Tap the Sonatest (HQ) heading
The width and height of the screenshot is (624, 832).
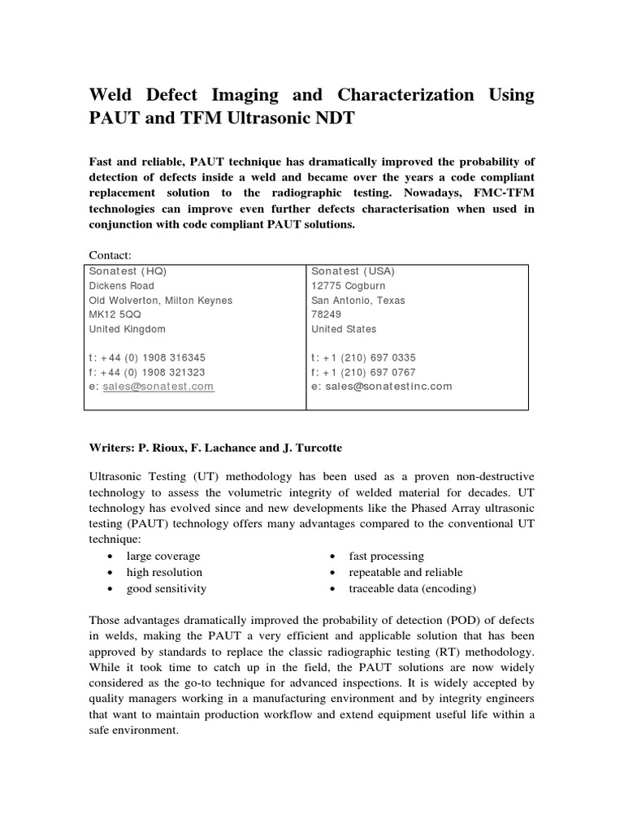128,271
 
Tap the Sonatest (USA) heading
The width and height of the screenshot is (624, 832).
353,271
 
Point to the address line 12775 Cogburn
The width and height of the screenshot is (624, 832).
349,286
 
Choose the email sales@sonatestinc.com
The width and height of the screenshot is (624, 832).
388,387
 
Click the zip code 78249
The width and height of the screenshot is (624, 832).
325,315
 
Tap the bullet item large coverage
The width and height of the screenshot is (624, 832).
163,556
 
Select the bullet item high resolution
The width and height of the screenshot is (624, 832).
164,572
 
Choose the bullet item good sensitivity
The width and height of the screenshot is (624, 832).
167,588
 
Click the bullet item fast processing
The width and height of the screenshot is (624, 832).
386,556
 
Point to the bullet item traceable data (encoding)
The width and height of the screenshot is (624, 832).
412,588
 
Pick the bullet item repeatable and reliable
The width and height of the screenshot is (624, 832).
405,572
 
